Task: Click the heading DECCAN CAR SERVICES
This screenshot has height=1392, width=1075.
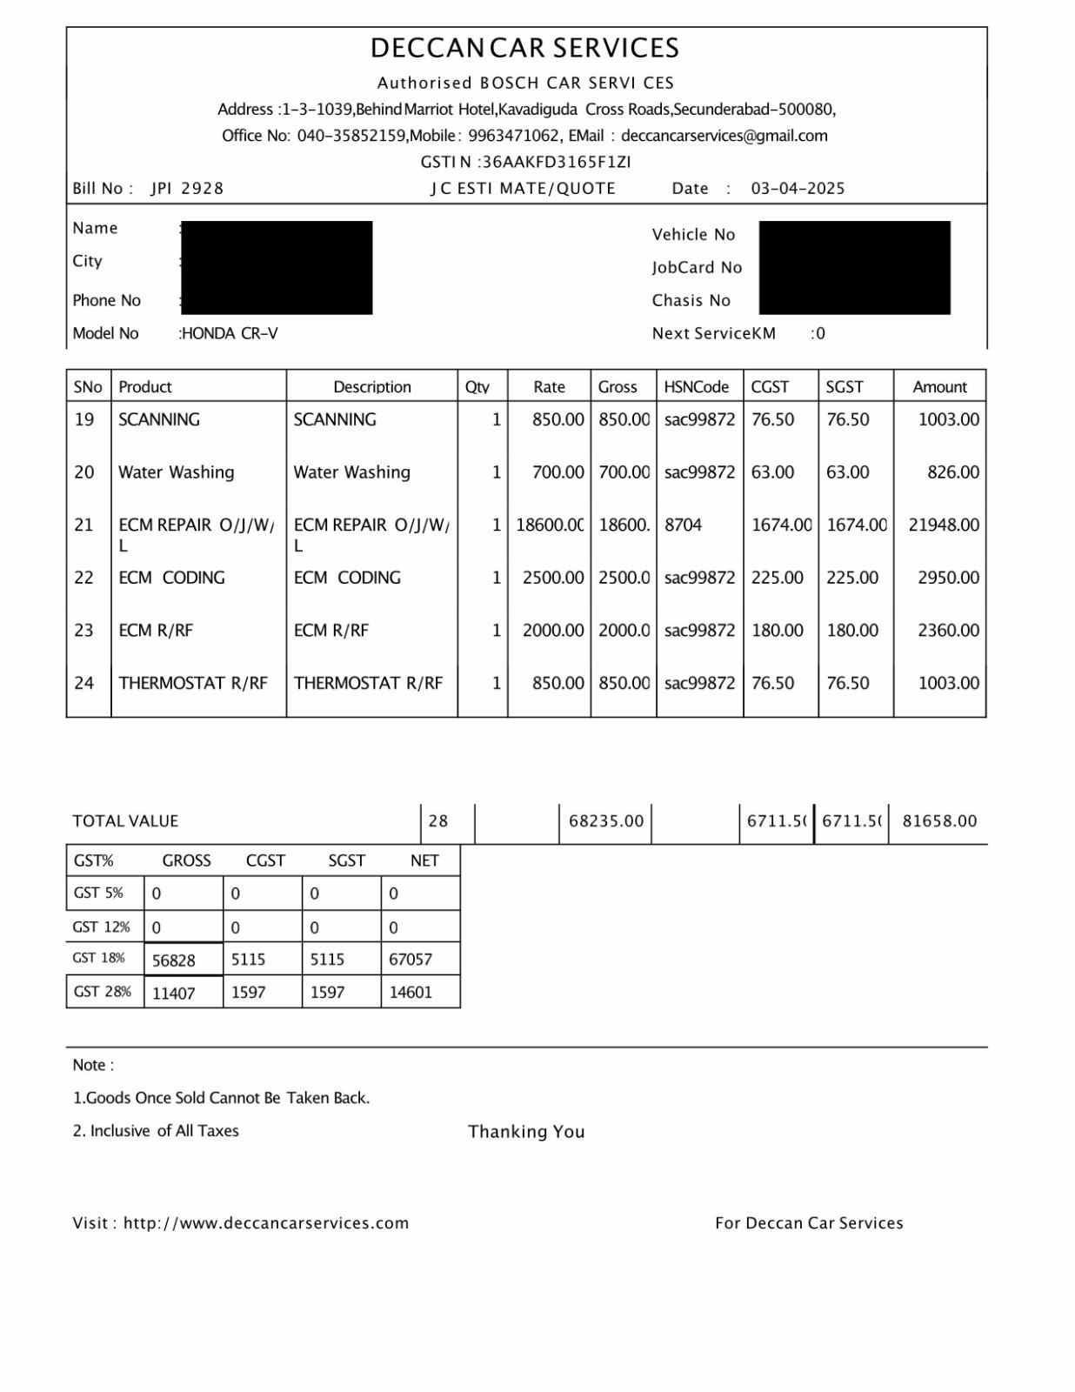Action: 525,48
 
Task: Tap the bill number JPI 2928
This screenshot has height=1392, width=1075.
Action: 187,189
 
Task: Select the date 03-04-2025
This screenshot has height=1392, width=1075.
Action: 798,189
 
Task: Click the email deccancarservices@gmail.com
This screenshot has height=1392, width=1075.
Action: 724,136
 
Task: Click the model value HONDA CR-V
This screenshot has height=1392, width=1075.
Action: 230,333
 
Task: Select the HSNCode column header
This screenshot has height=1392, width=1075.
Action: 697,386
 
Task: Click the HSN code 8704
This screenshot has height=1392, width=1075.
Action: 683,525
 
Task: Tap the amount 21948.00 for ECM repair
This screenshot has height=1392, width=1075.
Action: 943,525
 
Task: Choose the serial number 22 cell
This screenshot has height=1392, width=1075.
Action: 84,578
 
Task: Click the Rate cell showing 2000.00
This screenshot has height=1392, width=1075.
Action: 553,631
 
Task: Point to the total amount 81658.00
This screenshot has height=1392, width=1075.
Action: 939,821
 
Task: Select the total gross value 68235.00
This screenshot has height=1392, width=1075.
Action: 606,821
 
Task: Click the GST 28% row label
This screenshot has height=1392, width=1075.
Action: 103,992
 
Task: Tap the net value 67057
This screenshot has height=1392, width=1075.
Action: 411,960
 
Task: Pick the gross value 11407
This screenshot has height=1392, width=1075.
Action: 173,993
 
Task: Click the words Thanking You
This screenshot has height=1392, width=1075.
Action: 526,1132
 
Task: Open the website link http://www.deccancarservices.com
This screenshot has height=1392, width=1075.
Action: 266,1223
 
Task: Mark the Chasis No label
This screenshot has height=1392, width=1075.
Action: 691,301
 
